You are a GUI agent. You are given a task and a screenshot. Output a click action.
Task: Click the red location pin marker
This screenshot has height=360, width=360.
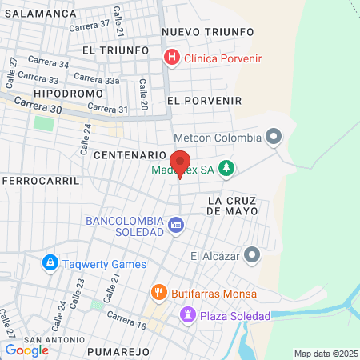[180, 163]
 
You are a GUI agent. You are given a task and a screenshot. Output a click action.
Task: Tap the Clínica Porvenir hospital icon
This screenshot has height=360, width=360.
[171, 58]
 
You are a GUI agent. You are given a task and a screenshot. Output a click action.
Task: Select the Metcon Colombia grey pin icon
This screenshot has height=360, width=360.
[274, 138]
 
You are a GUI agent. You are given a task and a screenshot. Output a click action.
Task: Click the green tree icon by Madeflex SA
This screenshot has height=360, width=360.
[227, 168]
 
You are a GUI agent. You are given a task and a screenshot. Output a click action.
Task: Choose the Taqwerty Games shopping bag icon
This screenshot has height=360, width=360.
[50, 262]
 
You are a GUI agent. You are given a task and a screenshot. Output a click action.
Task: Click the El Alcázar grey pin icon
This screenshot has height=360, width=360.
[253, 256]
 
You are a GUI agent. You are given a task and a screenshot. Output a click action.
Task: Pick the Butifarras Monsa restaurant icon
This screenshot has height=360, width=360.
[159, 293]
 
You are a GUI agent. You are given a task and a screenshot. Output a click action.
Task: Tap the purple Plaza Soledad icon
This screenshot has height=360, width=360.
[187, 315]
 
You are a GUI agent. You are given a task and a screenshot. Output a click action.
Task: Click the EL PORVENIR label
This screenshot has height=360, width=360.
[204, 101]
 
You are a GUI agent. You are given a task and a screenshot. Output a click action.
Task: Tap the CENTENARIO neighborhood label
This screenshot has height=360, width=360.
[130, 154]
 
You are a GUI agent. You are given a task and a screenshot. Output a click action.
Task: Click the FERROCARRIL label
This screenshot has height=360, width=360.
[41, 181]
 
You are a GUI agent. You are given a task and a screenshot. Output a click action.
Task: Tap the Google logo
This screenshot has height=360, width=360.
[26, 350]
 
